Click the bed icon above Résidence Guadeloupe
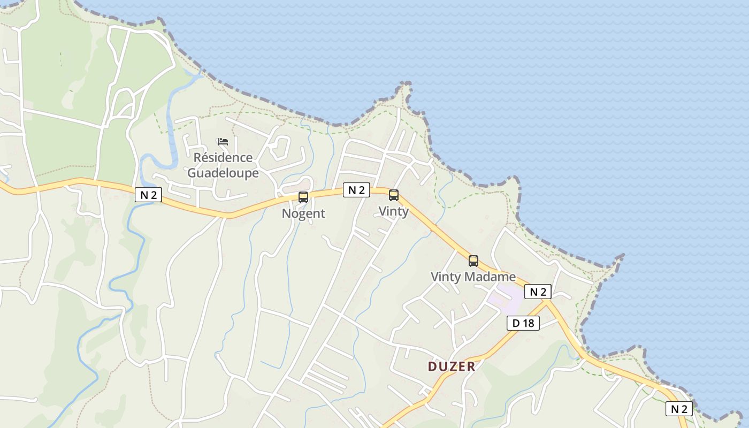[x=223, y=142]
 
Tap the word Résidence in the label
[x=223, y=158]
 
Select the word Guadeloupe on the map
[x=223, y=173]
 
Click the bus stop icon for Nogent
[x=303, y=197]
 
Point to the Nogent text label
[x=303, y=213]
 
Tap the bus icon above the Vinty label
[x=394, y=195]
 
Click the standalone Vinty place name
[x=394, y=211]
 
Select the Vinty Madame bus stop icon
[x=473, y=261]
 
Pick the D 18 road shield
[x=523, y=323]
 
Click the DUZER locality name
[x=452, y=366]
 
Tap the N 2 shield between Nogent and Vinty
[x=356, y=190]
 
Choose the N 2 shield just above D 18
[x=538, y=292]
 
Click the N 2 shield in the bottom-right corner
[x=679, y=409]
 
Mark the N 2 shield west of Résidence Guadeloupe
[x=148, y=195]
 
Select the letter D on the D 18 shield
[x=516, y=323]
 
